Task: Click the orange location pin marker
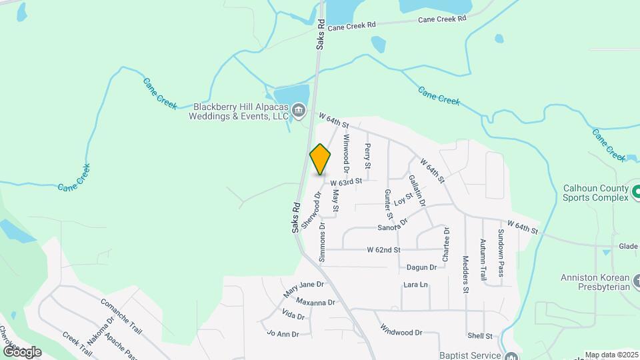coord(320,160)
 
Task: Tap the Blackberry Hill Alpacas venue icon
coord(298,109)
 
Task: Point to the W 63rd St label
coord(346,181)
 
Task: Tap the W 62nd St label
coord(383,250)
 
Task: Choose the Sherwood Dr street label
coord(311,211)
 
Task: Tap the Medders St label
coord(465,274)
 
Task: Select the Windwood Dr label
coord(401,330)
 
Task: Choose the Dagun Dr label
coord(421,267)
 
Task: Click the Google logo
coord(21,351)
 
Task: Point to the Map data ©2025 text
coord(611,355)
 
